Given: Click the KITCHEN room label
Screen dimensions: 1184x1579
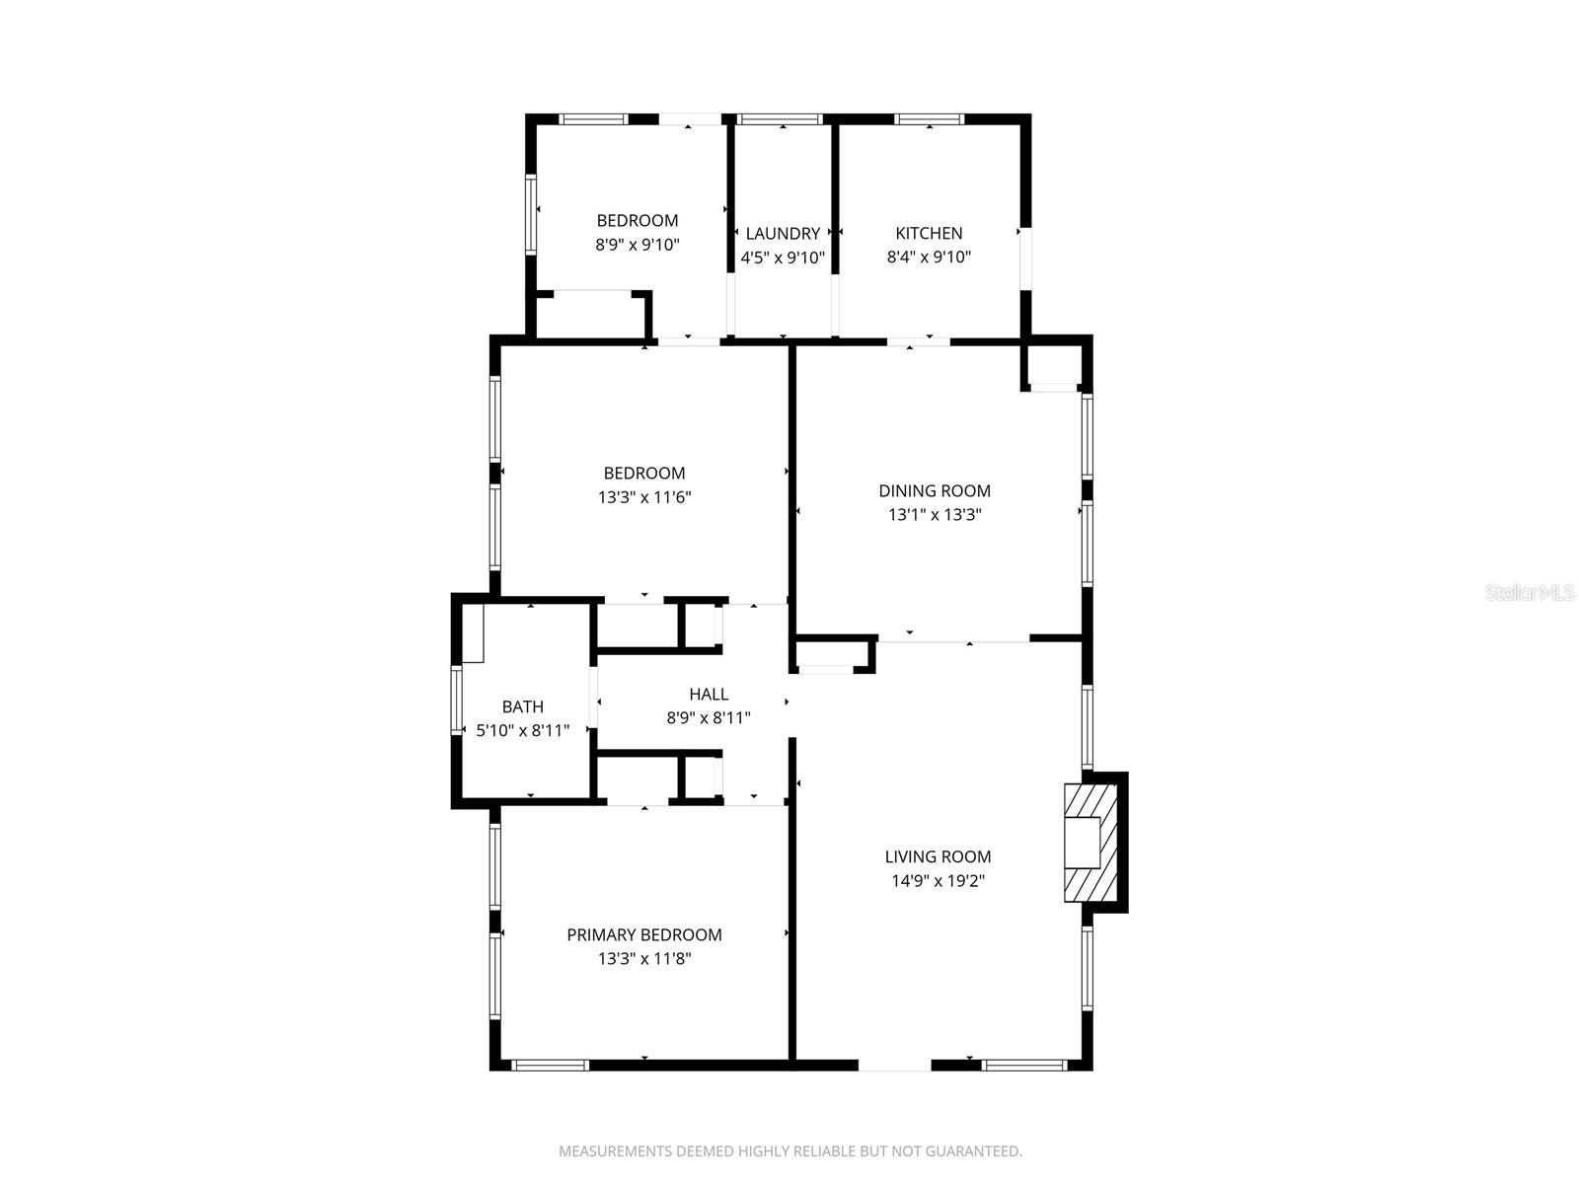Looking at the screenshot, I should click(929, 233).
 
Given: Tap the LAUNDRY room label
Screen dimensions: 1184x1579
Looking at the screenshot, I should click(783, 233).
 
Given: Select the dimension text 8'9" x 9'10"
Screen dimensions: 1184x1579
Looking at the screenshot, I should click(638, 245).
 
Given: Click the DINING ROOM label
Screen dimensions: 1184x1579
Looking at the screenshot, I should click(935, 490).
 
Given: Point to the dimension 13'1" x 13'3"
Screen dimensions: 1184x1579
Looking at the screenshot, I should click(935, 514).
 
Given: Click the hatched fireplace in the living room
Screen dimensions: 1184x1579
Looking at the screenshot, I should click(1090, 843).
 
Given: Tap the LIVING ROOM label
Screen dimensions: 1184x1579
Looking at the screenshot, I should click(938, 856).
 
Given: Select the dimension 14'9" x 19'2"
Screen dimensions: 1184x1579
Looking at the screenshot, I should click(938, 880).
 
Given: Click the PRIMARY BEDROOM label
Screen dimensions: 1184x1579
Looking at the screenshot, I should click(644, 934).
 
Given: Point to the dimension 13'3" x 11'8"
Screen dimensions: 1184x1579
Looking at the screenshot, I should click(644, 958).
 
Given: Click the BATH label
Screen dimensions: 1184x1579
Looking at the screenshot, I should click(523, 706).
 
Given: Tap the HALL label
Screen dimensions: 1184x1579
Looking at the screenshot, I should click(709, 695).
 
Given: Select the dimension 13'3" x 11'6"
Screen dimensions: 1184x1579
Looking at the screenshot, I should click(644, 497).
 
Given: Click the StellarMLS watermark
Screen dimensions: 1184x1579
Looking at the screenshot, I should click(1529, 593).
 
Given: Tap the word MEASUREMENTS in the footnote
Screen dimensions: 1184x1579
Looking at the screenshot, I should click(615, 1150).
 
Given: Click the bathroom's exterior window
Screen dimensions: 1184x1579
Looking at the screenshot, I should click(457, 701).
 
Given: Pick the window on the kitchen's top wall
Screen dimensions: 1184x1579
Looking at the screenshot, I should click(929, 119).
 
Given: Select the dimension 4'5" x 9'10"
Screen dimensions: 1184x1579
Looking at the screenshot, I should click(783, 258).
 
